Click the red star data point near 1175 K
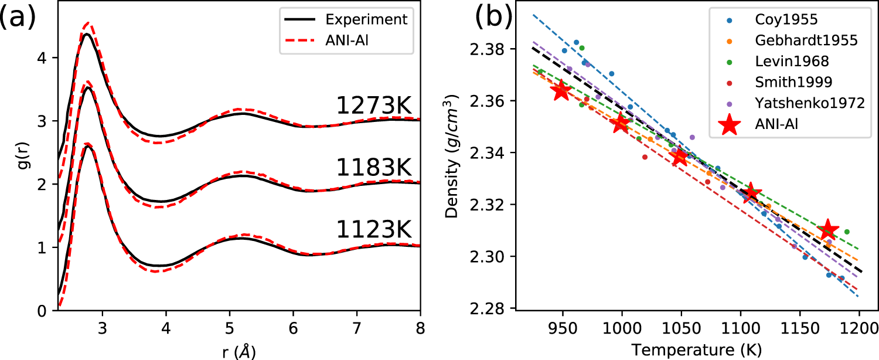pos(828,229)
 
